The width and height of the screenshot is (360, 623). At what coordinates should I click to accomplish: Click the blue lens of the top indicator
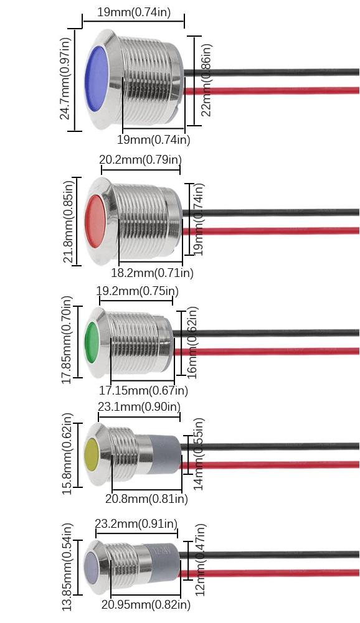97,78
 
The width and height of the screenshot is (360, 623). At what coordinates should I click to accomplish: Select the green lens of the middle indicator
92,342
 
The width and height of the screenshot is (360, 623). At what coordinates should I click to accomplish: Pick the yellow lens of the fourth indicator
92,454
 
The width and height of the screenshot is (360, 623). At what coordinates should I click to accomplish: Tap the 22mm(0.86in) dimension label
206,80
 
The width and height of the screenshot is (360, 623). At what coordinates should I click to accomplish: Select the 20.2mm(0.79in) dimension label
140,159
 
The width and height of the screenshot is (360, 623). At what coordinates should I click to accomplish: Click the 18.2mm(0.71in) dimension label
153,273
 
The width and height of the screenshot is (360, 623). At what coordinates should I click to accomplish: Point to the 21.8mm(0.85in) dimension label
69,222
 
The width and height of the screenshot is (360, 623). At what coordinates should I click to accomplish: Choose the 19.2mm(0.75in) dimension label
137,291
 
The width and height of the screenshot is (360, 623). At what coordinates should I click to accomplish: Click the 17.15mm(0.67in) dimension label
144,391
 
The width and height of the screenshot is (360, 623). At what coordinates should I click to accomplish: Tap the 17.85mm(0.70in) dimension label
67,340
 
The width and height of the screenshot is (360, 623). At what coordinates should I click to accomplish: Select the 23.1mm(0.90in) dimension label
140,407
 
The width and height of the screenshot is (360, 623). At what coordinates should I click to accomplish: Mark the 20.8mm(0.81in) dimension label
147,499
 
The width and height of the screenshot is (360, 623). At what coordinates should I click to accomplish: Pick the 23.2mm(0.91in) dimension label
136,523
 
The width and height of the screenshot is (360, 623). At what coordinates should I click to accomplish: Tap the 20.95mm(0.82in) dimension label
146,605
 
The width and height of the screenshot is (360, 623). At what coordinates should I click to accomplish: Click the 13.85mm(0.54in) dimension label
67,567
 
